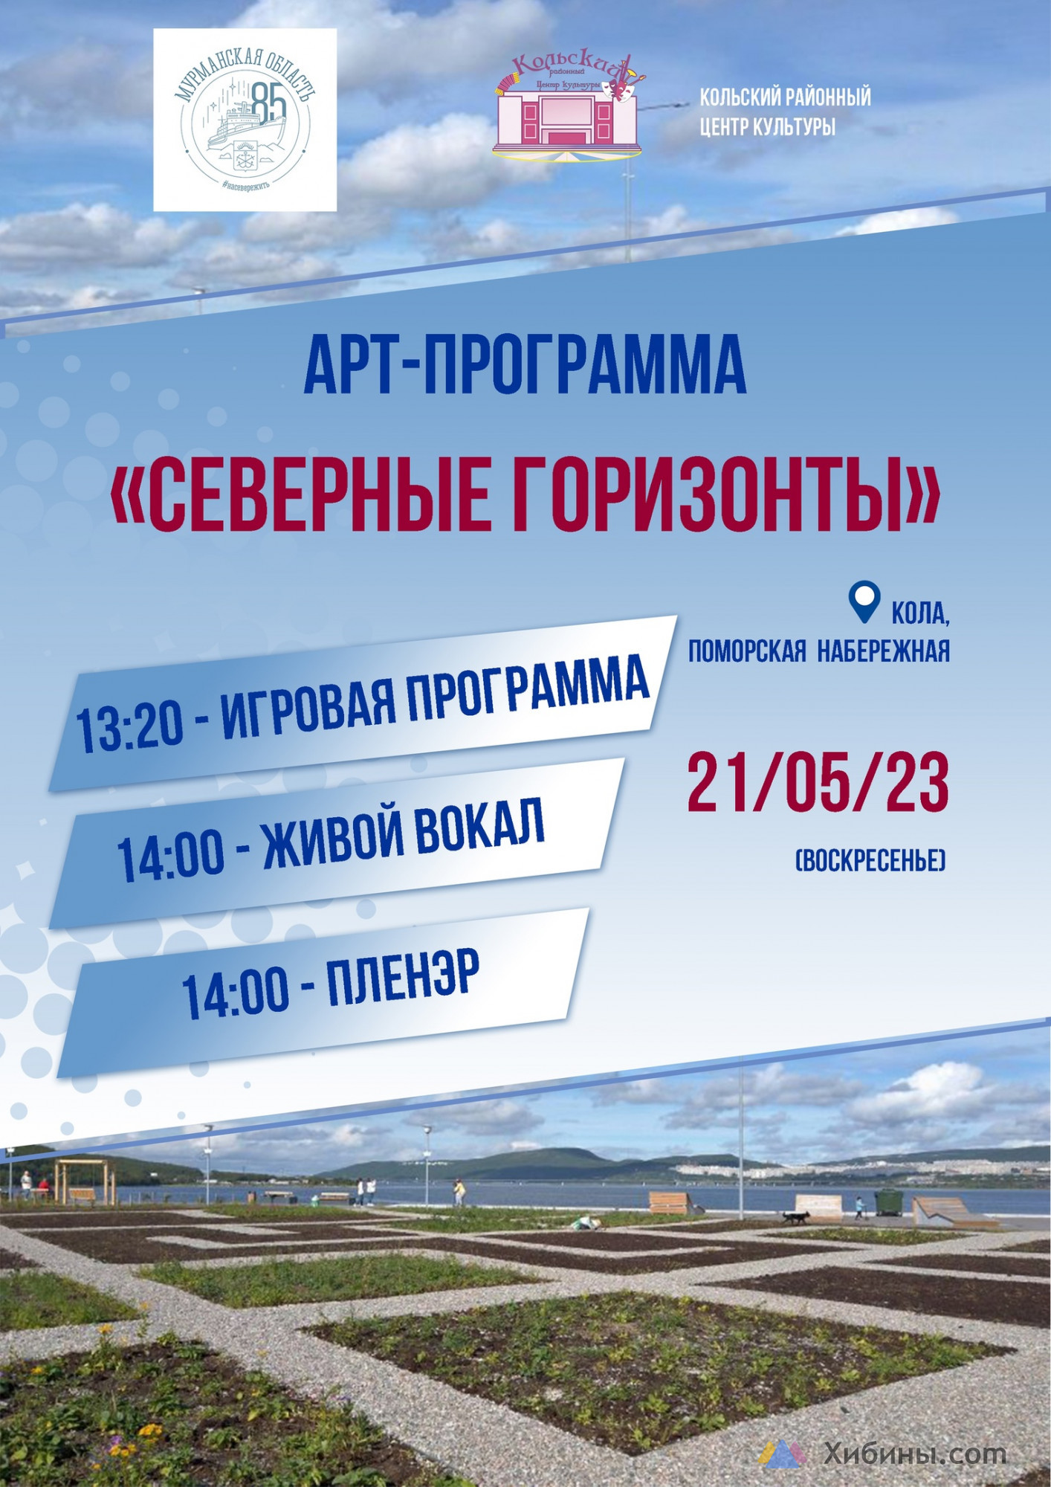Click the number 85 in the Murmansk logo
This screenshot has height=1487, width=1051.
pos(268,102)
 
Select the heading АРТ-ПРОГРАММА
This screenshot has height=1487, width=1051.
pos(525,365)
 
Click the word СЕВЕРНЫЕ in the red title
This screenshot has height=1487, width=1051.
pos(300,493)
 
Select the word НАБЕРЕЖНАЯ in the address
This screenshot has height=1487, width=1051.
pos(884,651)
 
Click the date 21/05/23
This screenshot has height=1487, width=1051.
pos(818,782)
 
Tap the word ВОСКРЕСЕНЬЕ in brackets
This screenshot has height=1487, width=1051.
pos(870,861)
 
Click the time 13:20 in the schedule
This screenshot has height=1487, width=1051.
pos(130,726)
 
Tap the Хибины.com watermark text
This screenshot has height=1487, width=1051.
pos(915,1454)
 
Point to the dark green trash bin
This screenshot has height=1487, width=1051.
pos(888,1203)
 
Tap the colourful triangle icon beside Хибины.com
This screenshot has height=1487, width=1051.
pos(783,1454)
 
